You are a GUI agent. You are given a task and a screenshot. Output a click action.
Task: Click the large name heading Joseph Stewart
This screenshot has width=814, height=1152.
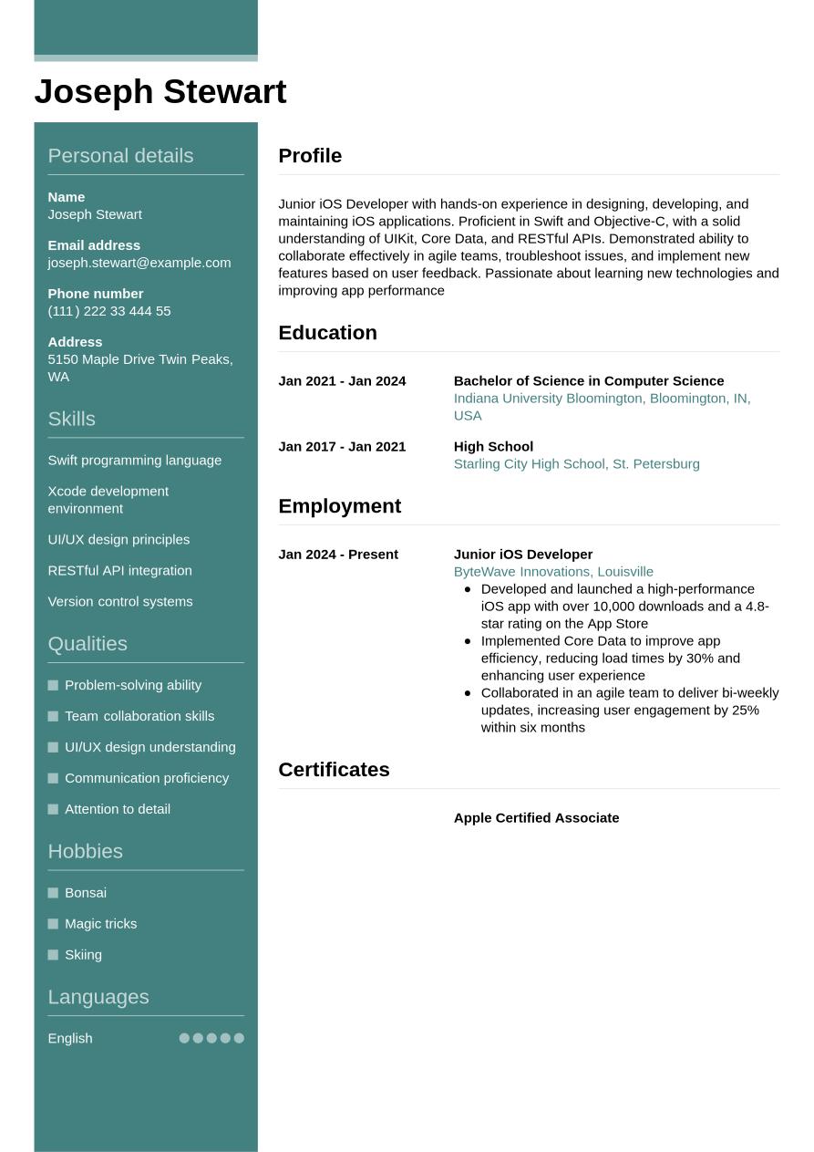pyautogui.click(x=160, y=92)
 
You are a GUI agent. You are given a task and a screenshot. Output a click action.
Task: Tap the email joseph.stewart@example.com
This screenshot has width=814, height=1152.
pyautogui.click(x=139, y=263)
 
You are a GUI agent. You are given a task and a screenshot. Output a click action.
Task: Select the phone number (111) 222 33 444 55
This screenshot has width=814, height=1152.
pyautogui.click(x=108, y=311)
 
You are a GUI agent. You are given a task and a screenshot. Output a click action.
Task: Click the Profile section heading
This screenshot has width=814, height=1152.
pyautogui.click(x=310, y=156)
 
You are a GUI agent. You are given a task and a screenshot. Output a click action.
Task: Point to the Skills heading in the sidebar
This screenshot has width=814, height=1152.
pyautogui.click(x=71, y=419)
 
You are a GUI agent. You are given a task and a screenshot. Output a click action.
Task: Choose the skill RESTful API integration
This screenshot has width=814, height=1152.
pyautogui.click(x=119, y=571)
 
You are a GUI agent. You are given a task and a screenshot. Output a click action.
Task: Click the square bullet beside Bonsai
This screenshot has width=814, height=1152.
pyautogui.click(x=53, y=893)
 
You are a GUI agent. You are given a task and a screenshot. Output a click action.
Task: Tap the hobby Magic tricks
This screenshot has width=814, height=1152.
pyautogui.click(x=100, y=924)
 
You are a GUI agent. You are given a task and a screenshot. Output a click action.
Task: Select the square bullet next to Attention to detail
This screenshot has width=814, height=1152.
pyautogui.click(x=53, y=809)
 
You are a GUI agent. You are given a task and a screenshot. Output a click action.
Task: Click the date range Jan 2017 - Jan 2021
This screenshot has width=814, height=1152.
pyautogui.click(x=342, y=447)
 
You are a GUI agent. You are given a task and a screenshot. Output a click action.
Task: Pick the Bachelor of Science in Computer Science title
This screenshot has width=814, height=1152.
pyautogui.click(x=588, y=381)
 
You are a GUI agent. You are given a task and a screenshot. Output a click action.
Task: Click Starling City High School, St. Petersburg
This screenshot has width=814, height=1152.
pyautogui.click(x=576, y=464)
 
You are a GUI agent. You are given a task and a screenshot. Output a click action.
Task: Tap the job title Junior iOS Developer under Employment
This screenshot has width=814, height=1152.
pyautogui.click(x=522, y=555)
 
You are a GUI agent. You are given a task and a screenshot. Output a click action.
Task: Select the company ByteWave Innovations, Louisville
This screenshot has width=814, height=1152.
pyautogui.click(x=553, y=572)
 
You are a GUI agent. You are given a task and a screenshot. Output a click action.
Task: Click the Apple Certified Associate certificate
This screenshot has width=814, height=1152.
pyautogui.click(x=536, y=818)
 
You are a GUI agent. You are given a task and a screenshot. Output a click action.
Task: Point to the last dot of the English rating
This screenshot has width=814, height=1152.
pyautogui.click(x=239, y=1038)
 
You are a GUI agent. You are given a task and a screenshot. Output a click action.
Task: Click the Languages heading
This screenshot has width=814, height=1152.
pyautogui.click(x=98, y=997)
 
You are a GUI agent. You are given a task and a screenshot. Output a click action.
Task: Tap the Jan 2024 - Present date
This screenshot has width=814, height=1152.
pyautogui.click(x=338, y=555)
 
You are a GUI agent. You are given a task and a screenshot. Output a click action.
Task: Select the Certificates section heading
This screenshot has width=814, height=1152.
pyautogui.click(x=334, y=770)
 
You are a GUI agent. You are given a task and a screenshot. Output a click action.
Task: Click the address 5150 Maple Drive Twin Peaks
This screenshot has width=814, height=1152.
pyautogui.click(x=139, y=359)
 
